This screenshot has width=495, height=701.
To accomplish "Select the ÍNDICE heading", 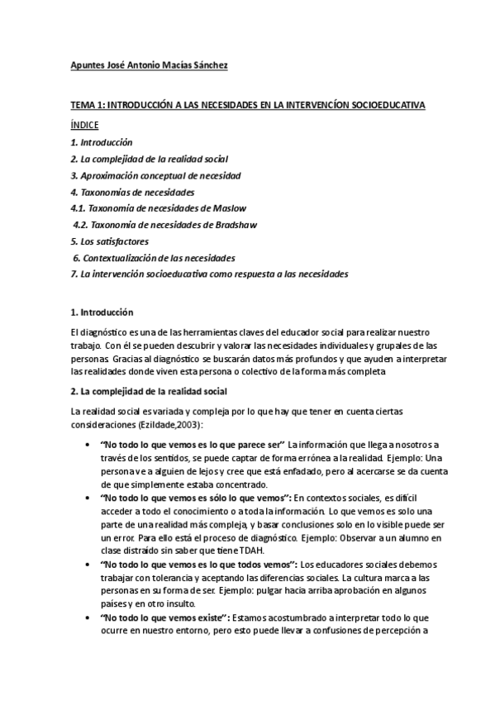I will pos(84,125).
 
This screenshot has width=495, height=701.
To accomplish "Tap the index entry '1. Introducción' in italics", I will pos(102,142).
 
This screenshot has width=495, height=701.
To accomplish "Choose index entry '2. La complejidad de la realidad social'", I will pos(149,158).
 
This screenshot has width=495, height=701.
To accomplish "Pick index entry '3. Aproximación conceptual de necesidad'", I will pos(155,174).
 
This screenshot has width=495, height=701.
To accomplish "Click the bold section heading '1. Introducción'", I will pos(102,313).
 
